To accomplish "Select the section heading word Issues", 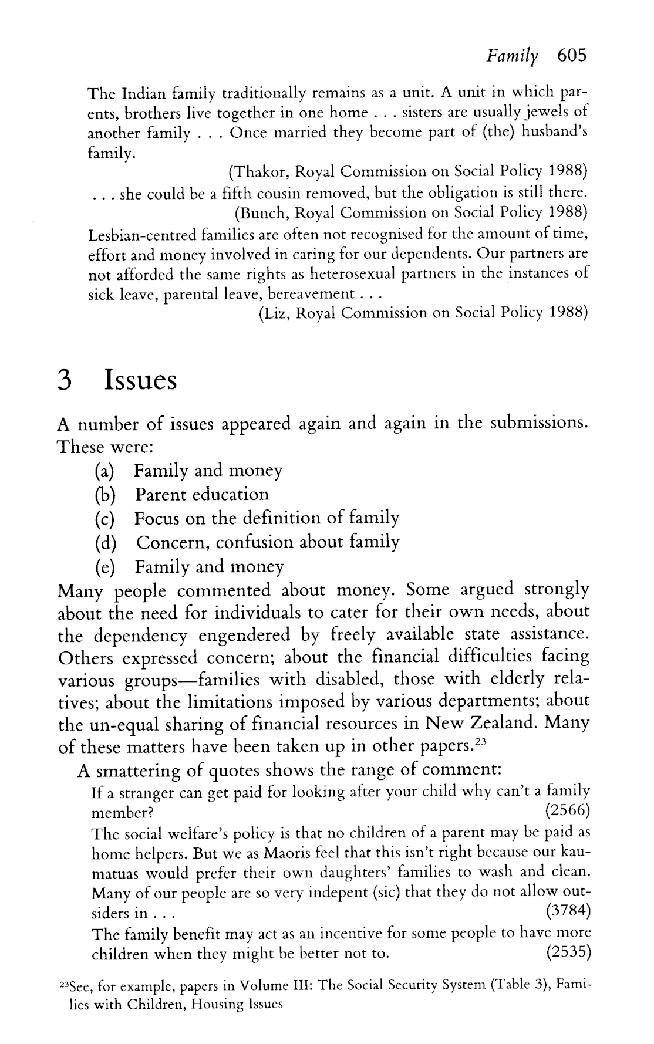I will [x=140, y=381].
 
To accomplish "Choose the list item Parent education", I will [x=202, y=495].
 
